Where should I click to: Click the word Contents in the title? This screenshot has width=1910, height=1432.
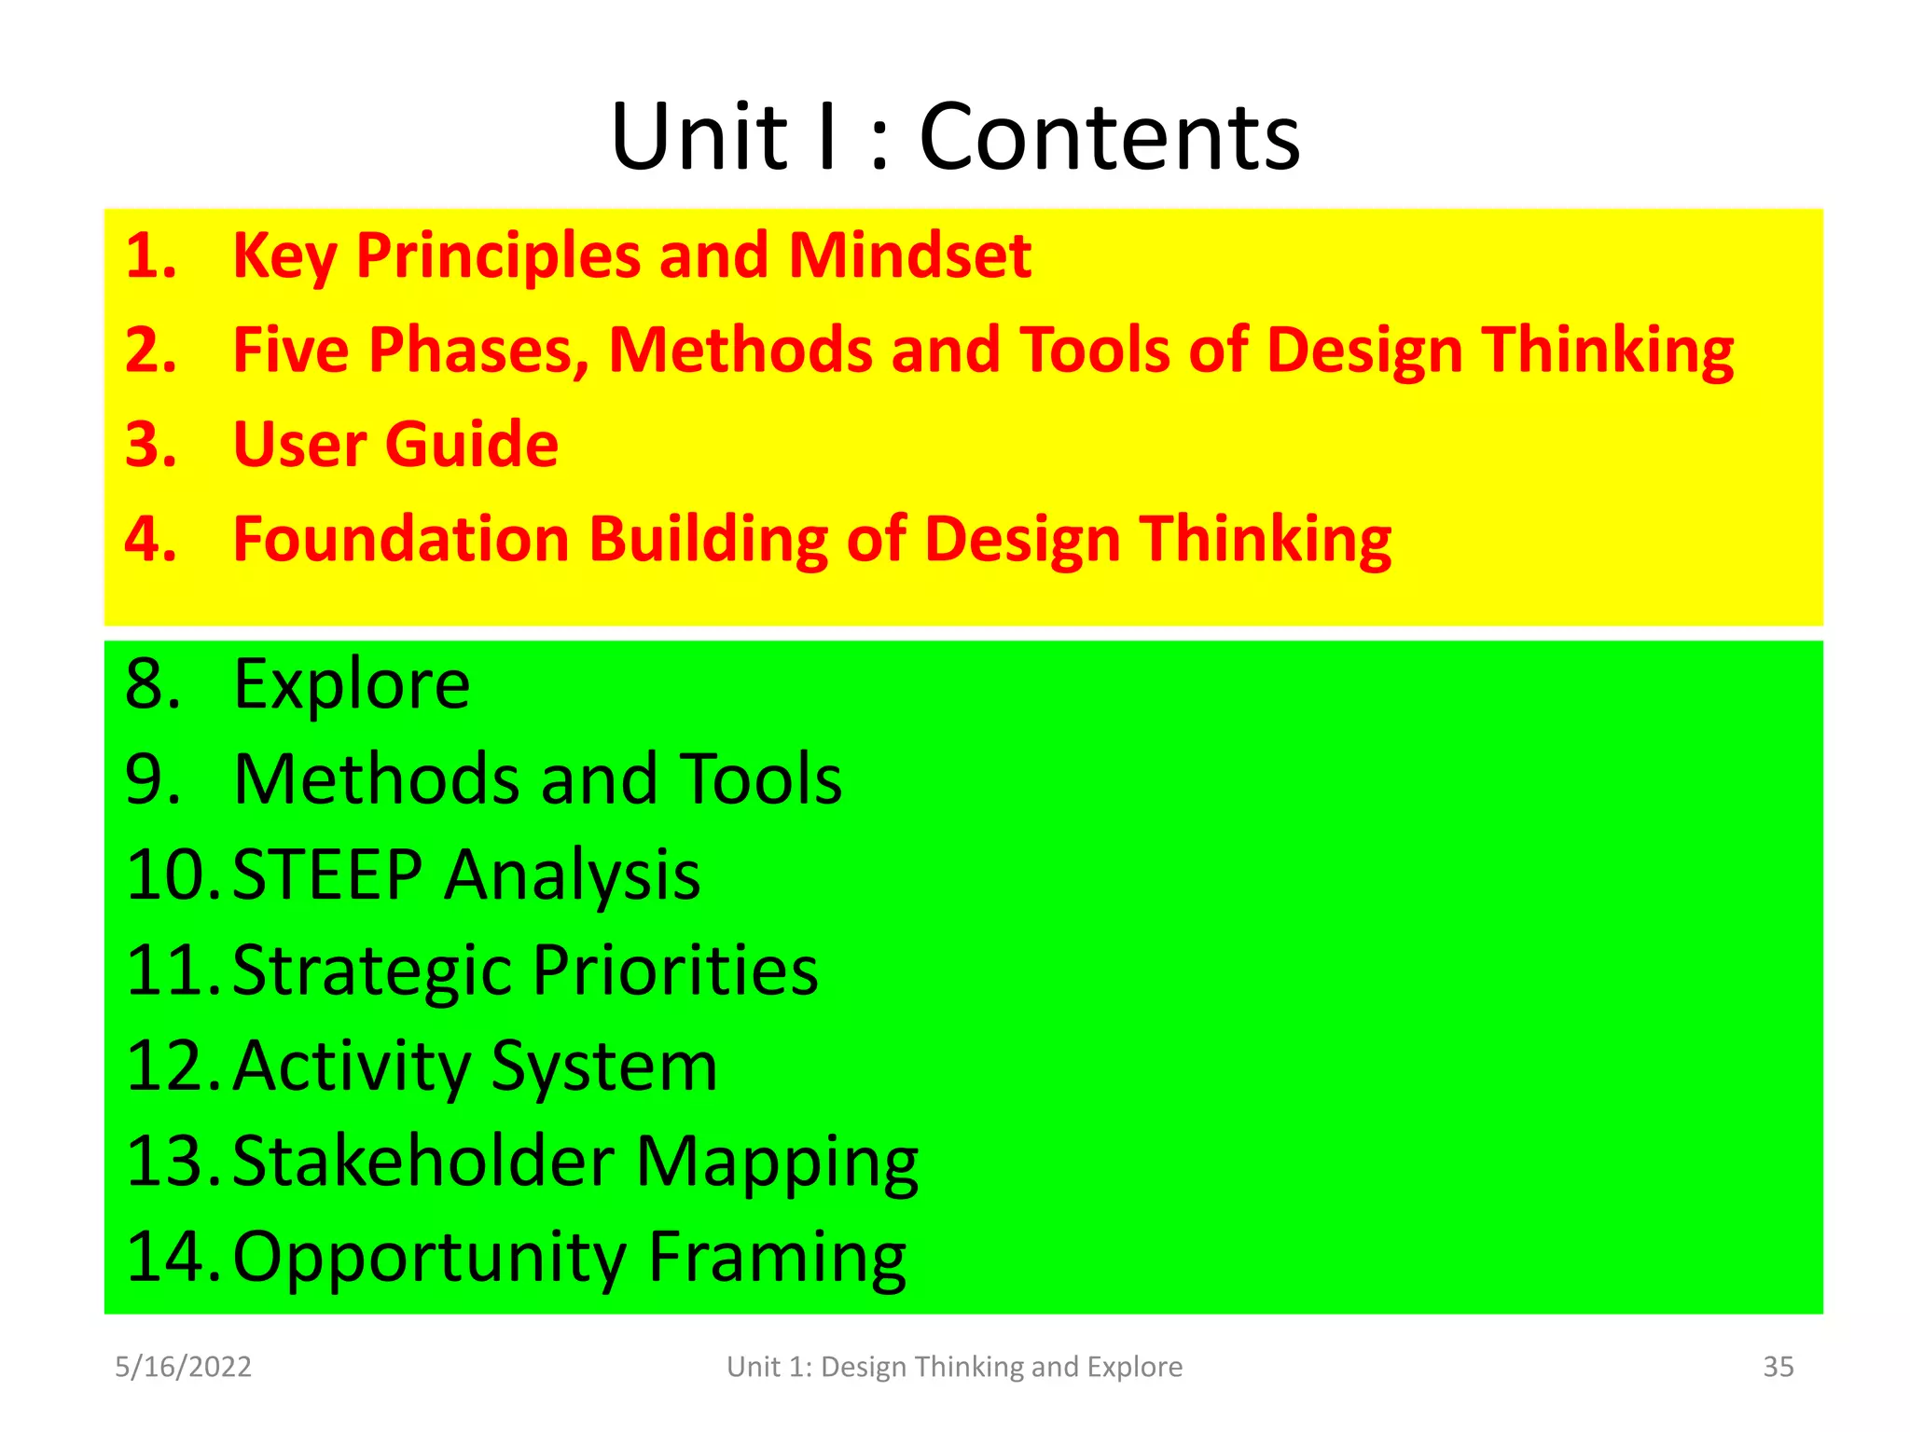1109,138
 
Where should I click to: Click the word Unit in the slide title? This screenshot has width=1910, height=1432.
699,138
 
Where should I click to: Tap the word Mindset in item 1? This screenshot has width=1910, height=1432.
909,255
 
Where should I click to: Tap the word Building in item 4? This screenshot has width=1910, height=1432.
709,540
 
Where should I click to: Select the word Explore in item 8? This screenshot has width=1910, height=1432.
352,685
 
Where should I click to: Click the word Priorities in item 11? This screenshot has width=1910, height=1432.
675,971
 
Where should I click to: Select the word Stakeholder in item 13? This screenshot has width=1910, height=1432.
423,1162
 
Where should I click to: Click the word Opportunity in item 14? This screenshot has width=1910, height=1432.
429,1258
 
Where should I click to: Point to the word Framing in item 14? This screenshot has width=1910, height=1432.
777,1258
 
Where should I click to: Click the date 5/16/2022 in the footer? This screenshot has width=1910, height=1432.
183,1367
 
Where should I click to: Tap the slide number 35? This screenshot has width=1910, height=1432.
1778,1367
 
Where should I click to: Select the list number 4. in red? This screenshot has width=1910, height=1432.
150,540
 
